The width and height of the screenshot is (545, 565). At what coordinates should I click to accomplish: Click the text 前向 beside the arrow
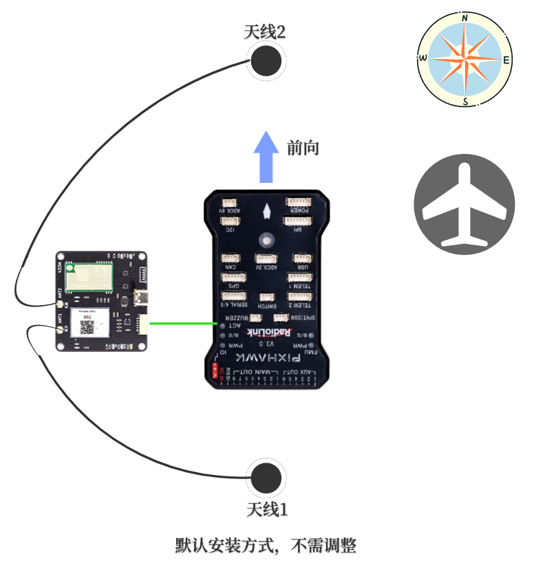pyautogui.click(x=303, y=147)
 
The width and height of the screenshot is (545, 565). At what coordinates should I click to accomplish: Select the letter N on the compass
pyautogui.click(x=466, y=18)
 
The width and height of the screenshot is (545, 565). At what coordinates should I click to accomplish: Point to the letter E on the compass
pyautogui.click(x=506, y=60)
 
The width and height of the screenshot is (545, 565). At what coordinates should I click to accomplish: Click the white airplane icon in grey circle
pyautogui.click(x=464, y=204)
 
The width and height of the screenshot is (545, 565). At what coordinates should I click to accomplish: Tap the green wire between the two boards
pyautogui.click(x=182, y=322)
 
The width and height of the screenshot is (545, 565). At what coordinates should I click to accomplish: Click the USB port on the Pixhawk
pyautogui.click(x=301, y=259)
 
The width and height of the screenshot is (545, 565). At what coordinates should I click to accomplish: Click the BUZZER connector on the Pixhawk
pyautogui.click(x=255, y=318)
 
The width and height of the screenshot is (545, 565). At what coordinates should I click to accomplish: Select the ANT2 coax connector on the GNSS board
pyautogui.click(x=60, y=302)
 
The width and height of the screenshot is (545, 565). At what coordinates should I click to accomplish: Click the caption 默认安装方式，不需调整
pyautogui.click(x=266, y=546)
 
